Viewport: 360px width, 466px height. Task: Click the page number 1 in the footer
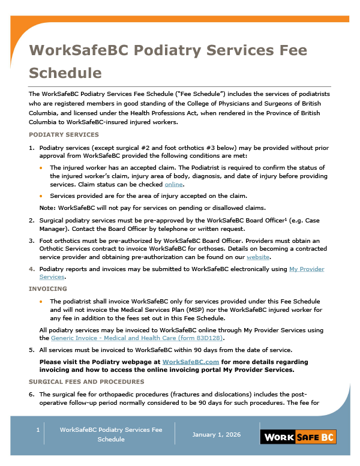point(37,429)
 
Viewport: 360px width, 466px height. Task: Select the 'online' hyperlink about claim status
point(173,185)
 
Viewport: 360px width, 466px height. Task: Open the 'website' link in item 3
point(258,257)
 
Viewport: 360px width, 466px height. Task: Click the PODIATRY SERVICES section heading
point(64,134)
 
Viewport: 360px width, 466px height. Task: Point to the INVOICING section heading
point(47,288)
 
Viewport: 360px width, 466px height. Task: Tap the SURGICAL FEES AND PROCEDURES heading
point(86,381)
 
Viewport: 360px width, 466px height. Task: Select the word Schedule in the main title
point(65,73)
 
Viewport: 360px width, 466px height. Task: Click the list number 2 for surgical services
point(32,221)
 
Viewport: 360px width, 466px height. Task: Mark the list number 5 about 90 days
point(32,350)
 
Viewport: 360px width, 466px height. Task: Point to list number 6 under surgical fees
point(32,395)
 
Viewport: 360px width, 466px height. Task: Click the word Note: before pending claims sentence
point(47,208)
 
